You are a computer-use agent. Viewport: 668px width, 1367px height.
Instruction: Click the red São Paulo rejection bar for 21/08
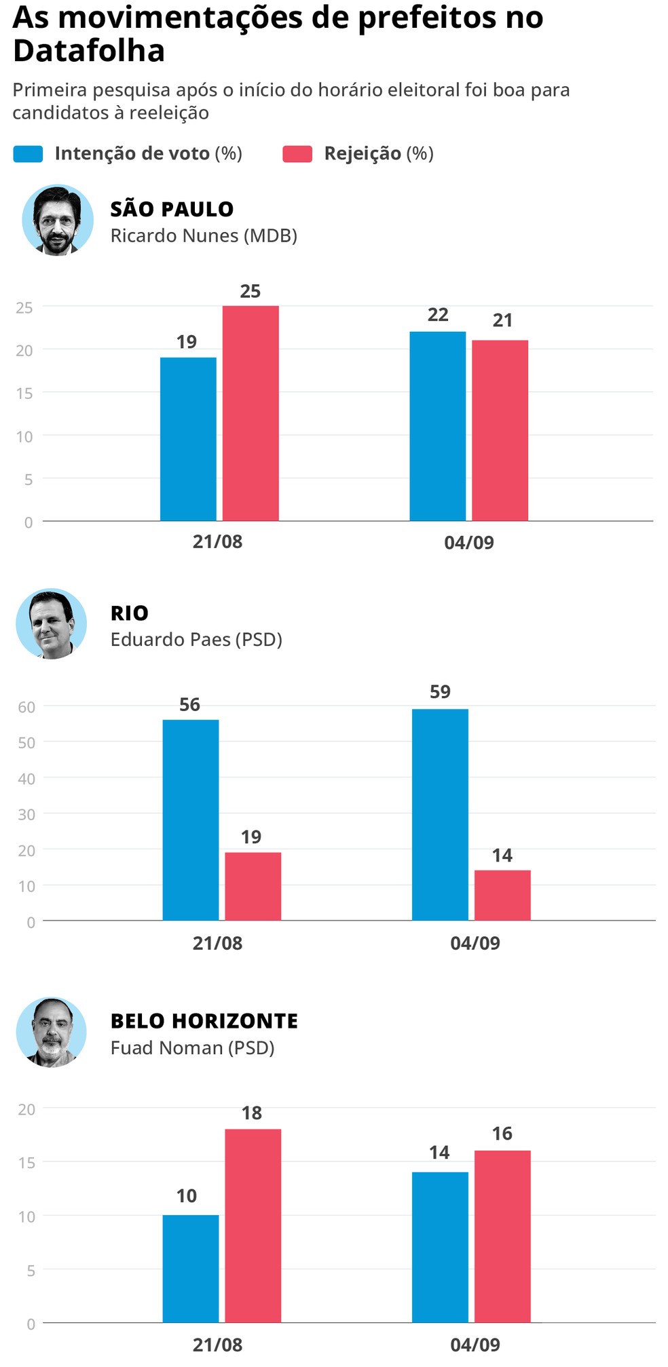point(250,413)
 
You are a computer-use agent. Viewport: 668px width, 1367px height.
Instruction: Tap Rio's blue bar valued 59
point(440,814)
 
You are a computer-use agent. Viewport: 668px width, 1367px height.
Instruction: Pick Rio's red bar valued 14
point(502,895)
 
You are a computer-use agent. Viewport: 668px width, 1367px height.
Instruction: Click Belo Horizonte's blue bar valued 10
point(191,1268)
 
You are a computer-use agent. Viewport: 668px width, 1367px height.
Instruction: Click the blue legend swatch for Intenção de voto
point(28,154)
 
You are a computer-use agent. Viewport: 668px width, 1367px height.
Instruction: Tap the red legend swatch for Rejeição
point(297,154)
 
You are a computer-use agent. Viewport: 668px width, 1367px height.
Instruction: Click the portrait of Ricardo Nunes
point(58,220)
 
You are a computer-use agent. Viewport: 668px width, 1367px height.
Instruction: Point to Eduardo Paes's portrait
point(52,623)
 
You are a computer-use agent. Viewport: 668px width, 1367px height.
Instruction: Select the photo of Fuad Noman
point(52,1032)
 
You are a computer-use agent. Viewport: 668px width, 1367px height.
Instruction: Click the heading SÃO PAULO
point(172,209)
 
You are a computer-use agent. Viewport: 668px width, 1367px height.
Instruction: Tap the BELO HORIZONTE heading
point(204,1021)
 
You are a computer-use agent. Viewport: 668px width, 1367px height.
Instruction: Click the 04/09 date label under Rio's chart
point(475,943)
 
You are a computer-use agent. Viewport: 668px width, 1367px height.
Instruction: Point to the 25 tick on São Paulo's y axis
point(24,307)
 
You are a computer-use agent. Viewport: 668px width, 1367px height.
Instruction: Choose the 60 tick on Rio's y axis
point(26,707)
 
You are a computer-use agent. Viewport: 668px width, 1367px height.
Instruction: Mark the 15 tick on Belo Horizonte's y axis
point(26,1163)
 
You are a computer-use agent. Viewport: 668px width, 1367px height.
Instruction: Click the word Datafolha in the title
point(89,51)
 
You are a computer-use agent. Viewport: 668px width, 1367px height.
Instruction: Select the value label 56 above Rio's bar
point(189,705)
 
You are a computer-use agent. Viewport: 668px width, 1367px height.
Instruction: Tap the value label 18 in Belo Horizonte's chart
point(252,1113)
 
